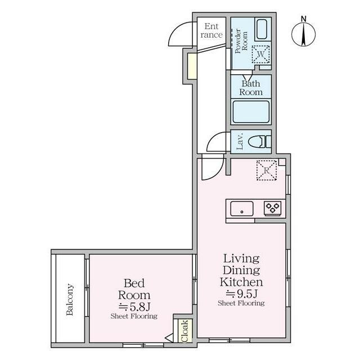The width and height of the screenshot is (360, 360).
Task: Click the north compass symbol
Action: (x=303, y=34)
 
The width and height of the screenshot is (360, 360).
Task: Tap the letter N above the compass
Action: (x=304, y=19)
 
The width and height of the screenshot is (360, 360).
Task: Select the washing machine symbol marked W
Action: (x=261, y=54)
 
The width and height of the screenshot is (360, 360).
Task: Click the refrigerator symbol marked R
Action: (x=266, y=170)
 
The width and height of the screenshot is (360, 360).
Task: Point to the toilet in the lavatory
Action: (x=260, y=142)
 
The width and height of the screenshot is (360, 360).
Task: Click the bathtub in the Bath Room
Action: (x=251, y=112)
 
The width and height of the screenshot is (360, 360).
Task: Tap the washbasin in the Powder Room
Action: (x=262, y=29)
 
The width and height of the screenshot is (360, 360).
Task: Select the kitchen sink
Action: (x=242, y=209)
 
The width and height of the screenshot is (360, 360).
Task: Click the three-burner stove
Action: (x=272, y=208)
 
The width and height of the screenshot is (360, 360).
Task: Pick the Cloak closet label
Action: (x=185, y=331)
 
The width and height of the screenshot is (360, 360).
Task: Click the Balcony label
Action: (x=70, y=300)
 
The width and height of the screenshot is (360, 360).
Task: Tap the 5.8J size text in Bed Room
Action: (x=134, y=306)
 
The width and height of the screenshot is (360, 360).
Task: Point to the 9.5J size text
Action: (x=241, y=293)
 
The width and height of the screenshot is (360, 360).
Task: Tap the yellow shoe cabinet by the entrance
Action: (x=192, y=66)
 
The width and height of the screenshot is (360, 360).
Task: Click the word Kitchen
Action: (x=241, y=282)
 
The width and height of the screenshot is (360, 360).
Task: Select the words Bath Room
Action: (x=251, y=88)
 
